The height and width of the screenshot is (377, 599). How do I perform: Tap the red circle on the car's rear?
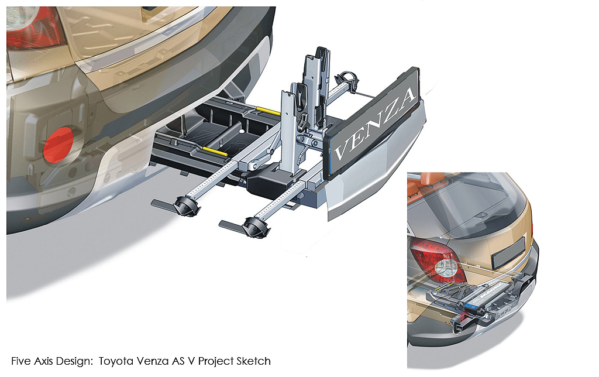point(58,145)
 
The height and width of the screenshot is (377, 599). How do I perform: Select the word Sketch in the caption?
point(253,361)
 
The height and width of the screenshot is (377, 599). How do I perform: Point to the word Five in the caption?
point(21,361)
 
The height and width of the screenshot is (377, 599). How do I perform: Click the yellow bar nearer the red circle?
point(215,151)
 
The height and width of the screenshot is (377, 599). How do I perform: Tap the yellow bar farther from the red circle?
point(268,111)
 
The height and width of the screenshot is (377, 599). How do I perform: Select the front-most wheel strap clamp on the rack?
point(248,228)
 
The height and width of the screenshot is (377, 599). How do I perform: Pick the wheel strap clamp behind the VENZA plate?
point(348,79)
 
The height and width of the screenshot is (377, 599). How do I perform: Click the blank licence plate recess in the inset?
point(508,253)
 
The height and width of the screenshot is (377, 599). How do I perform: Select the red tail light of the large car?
point(35,28)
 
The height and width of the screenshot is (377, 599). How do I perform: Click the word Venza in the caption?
point(150,361)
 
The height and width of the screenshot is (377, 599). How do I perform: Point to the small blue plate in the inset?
point(469,306)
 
